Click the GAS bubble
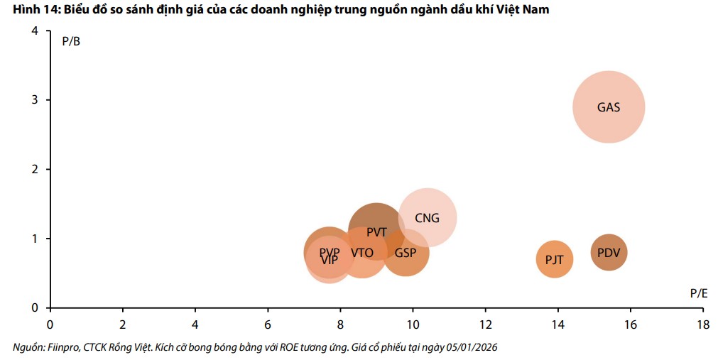609,107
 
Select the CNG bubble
427,218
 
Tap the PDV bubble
609,253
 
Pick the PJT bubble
554,260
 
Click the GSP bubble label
406,253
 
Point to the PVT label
376,232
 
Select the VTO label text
362,253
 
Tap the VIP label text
329,261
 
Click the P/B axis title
71,41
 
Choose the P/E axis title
698,293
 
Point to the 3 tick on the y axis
35,100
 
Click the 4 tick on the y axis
35,31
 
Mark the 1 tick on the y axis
35,239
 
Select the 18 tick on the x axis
702,324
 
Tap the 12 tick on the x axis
485,324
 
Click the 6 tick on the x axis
268,324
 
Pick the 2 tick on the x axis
122,324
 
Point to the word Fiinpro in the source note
62,347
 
